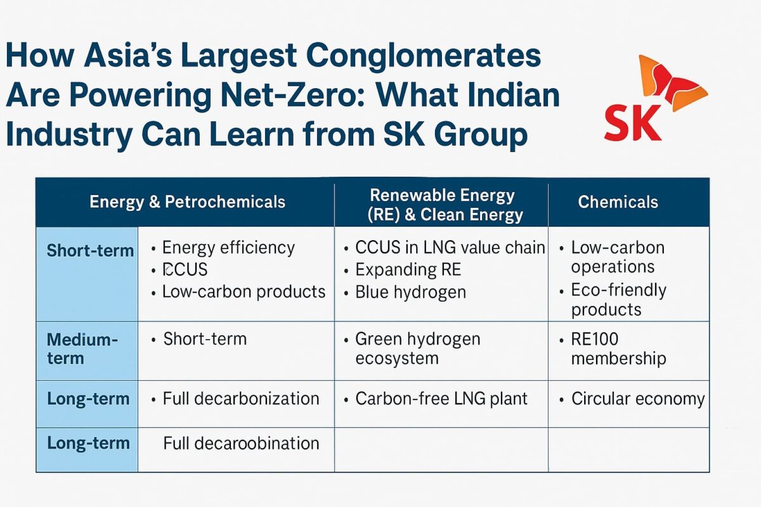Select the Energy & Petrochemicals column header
[x=187, y=202]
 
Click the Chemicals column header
[x=618, y=202]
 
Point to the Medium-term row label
[x=82, y=349]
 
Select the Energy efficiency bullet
[x=228, y=248]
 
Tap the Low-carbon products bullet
[x=244, y=292]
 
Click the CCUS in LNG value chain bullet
[x=450, y=248]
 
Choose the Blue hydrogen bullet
[x=410, y=292]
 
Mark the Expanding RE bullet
[x=408, y=270]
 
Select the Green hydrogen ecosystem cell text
[x=417, y=348]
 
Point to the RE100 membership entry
[x=618, y=349]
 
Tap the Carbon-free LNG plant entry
[x=441, y=399]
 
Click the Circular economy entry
[x=637, y=399]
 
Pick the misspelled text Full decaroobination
[x=241, y=443]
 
